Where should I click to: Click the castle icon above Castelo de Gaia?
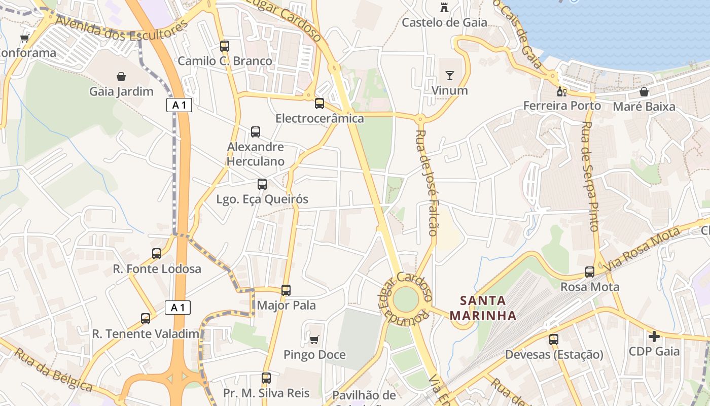click(x=444, y=7)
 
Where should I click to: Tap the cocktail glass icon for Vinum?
click(x=449, y=76)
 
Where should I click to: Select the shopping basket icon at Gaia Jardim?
click(x=121, y=77)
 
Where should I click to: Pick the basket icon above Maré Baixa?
click(x=644, y=92)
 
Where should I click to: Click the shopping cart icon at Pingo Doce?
click(x=314, y=339)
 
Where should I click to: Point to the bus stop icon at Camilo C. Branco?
click(x=225, y=46)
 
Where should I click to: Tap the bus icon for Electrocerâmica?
click(x=319, y=104)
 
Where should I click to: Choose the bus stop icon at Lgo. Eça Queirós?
click(x=262, y=184)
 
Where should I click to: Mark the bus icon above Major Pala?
click(x=286, y=290)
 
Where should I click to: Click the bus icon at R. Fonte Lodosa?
click(x=157, y=254)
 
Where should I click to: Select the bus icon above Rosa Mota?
click(x=590, y=272)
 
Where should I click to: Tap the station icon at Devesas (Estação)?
click(x=554, y=340)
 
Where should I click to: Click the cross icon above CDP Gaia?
click(x=654, y=336)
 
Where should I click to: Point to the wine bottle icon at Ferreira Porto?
click(x=561, y=91)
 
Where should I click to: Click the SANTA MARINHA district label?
click(x=483, y=308)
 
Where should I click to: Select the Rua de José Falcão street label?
click(x=426, y=183)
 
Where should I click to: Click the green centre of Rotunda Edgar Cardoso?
click(x=406, y=300)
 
